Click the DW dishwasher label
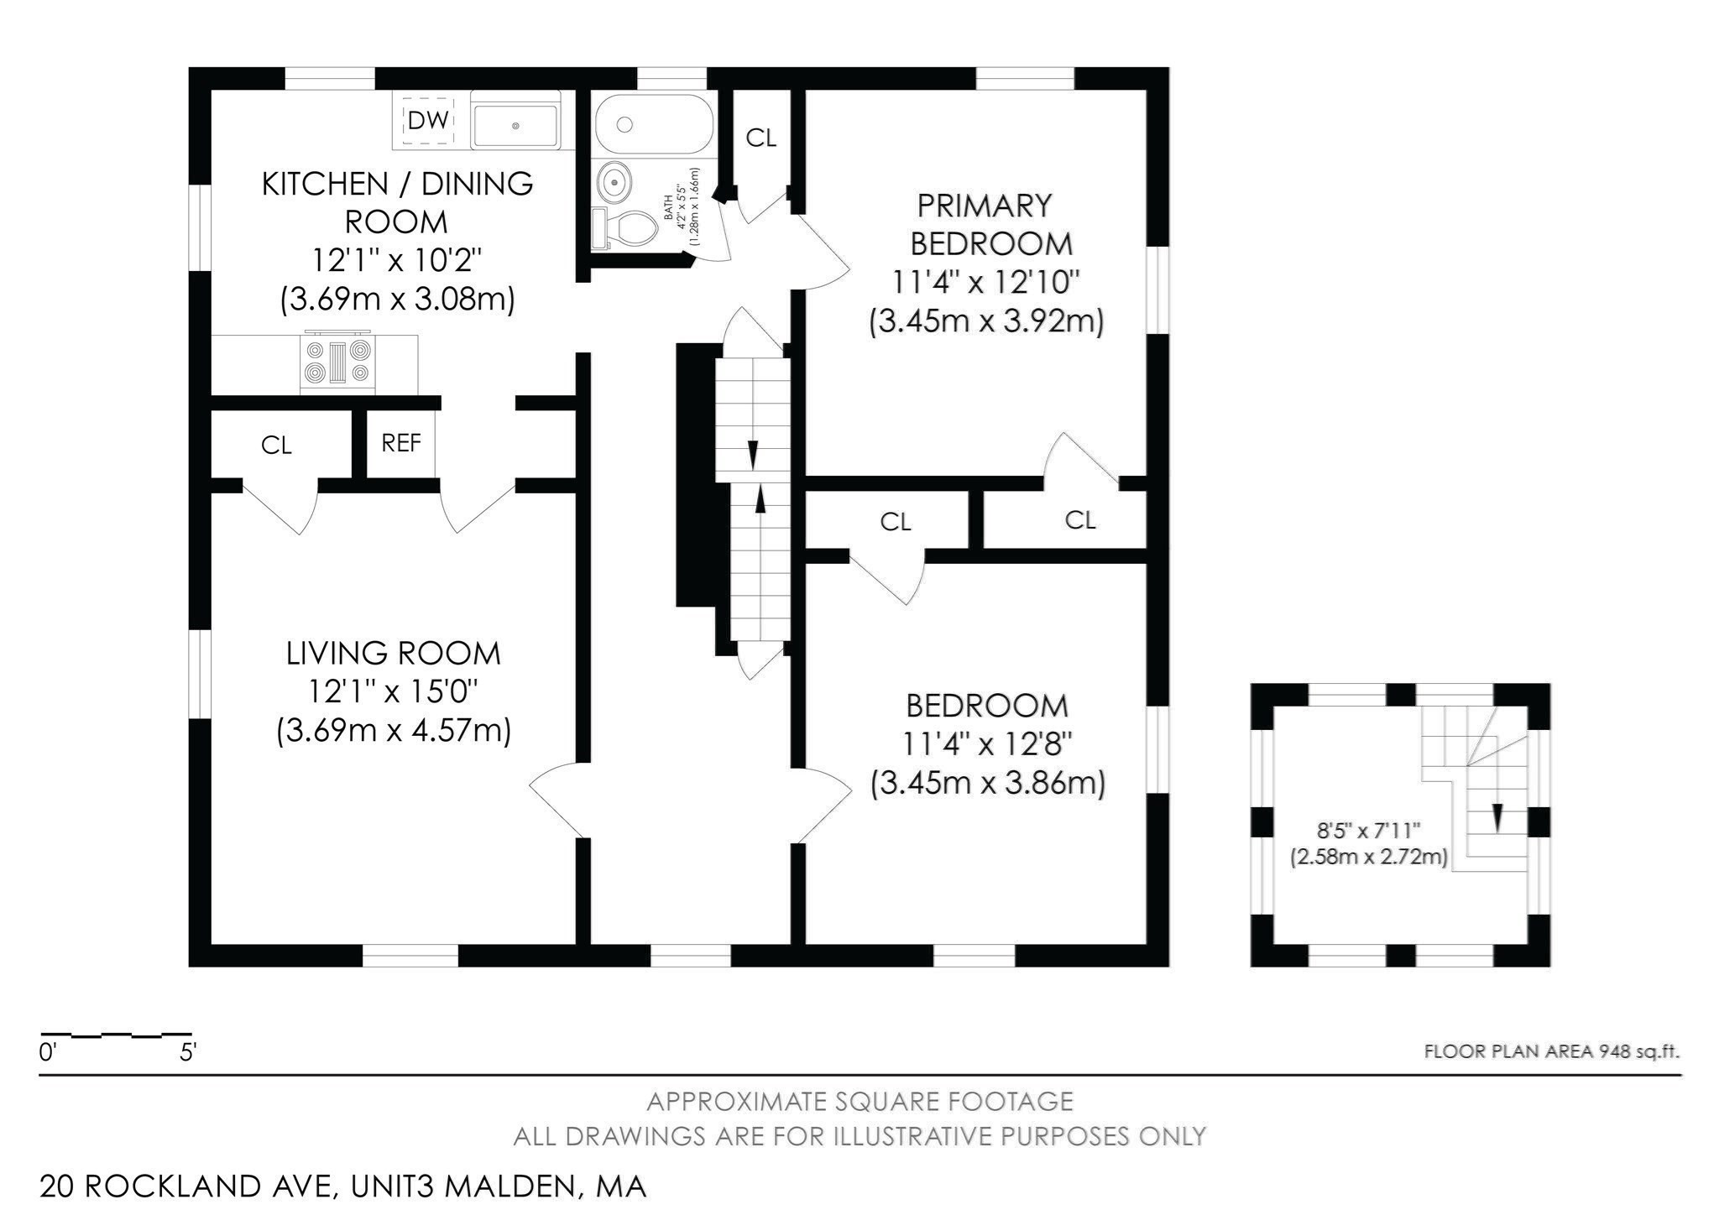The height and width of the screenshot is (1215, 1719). [x=428, y=121]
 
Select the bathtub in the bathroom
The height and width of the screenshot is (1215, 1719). [x=654, y=124]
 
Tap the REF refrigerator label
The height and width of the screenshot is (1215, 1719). [x=401, y=443]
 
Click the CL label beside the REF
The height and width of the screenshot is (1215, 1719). [x=276, y=446]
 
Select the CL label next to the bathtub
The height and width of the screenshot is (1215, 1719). [x=761, y=138]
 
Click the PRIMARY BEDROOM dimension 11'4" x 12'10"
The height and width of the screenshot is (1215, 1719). [x=985, y=283]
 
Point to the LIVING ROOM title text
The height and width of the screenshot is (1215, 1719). [x=394, y=653]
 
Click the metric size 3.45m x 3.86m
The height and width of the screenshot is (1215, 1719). [x=987, y=784]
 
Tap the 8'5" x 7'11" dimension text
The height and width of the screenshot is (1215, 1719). [x=1368, y=831]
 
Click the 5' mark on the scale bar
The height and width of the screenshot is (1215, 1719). [x=188, y=1052]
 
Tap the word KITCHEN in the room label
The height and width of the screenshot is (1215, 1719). [x=325, y=183]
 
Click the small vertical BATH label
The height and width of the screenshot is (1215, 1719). [x=669, y=206]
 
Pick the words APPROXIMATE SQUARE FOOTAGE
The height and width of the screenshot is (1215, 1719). [x=859, y=1101]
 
